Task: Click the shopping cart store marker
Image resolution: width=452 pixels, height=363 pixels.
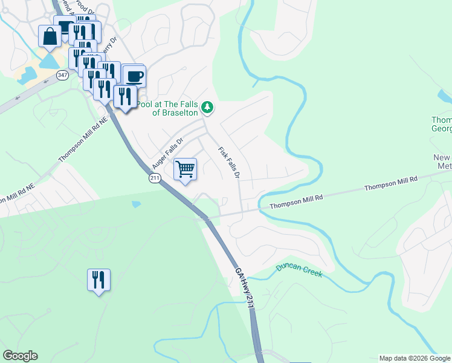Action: (186, 169)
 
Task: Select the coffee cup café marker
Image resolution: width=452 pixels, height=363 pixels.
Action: (134, 77)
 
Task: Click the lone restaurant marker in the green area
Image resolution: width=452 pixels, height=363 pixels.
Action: (98, 280)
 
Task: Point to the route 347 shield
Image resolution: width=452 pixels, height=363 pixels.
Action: (62, 74)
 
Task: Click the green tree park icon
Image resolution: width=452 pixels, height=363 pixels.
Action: (207, 108)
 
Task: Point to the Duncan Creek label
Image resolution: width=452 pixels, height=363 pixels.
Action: (299, 270)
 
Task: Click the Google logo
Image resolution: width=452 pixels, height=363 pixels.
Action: (20, 356)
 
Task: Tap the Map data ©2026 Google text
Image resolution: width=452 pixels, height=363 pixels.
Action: (414, 358)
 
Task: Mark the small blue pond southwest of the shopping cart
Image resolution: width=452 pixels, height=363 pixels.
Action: (136, 204)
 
